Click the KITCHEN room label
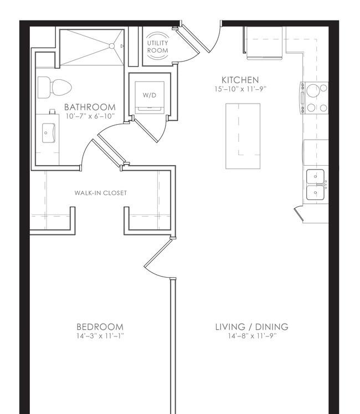tap(240, 80)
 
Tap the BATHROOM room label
tap(90, 107)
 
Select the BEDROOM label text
tap(100, 327)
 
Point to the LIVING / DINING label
tap(251, 327)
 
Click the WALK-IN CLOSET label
tap(101, 193)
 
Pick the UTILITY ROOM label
tap(157, 47)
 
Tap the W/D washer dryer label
tap(150, 95)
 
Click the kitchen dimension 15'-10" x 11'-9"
tap(240, 89)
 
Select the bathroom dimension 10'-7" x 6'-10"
tap(90, 116)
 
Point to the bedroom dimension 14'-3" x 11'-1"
tap(100, 336)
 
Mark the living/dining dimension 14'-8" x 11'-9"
tap(252, 336)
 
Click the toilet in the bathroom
tap(55, 88)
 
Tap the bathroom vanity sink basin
tap(49, 133)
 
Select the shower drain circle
tap(112, 46)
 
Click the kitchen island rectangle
tap(243, 136)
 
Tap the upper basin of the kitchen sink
tap(315, 177)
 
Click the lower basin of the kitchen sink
tap(315, 192)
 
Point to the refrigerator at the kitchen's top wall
tap(264, 43)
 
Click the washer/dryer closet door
tap(146, 130)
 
